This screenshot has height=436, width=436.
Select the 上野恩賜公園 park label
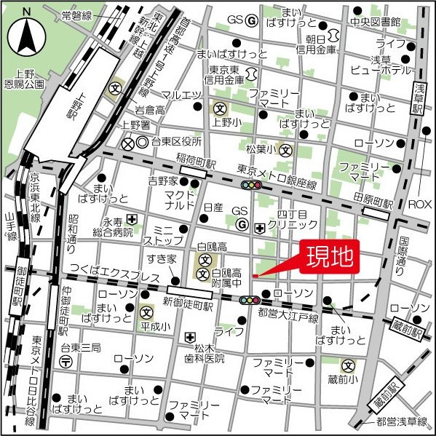tap(24, 78)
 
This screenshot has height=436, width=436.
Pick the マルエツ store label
tap(181, 95)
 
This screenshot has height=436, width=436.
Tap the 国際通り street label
tap(405, 250)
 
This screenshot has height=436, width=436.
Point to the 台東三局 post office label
tap(76, 347)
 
